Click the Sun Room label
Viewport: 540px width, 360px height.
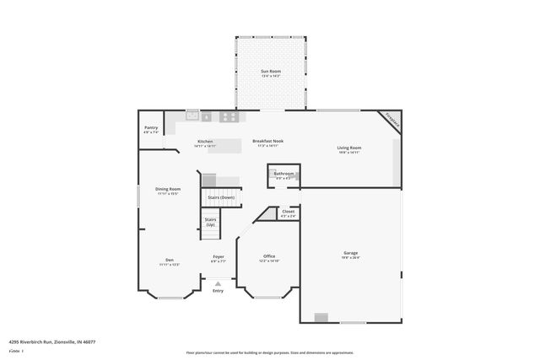(270, 72)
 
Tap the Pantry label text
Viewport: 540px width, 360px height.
(151, 128)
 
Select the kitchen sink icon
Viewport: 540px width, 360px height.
(192, 116)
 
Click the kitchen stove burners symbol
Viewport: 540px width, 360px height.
(228, 116)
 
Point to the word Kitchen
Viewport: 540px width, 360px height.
(205, 142)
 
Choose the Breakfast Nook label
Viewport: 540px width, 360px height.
(267, 142)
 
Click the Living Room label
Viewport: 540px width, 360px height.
(349, 148)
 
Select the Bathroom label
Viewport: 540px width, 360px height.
(283, 174)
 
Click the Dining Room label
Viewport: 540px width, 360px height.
(168, 189)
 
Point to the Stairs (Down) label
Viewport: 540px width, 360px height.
(222, 197)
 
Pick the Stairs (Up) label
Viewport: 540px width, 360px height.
(210, 222)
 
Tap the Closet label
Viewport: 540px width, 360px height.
(289, 212)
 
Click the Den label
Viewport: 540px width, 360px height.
(169, 260)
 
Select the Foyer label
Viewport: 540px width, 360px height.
(218, 256)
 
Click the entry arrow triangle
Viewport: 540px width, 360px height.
(218, 284)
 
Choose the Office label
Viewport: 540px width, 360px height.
(269, 256)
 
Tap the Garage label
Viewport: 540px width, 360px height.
(350, 253)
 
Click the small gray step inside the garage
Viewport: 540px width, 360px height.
(321, 317)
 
